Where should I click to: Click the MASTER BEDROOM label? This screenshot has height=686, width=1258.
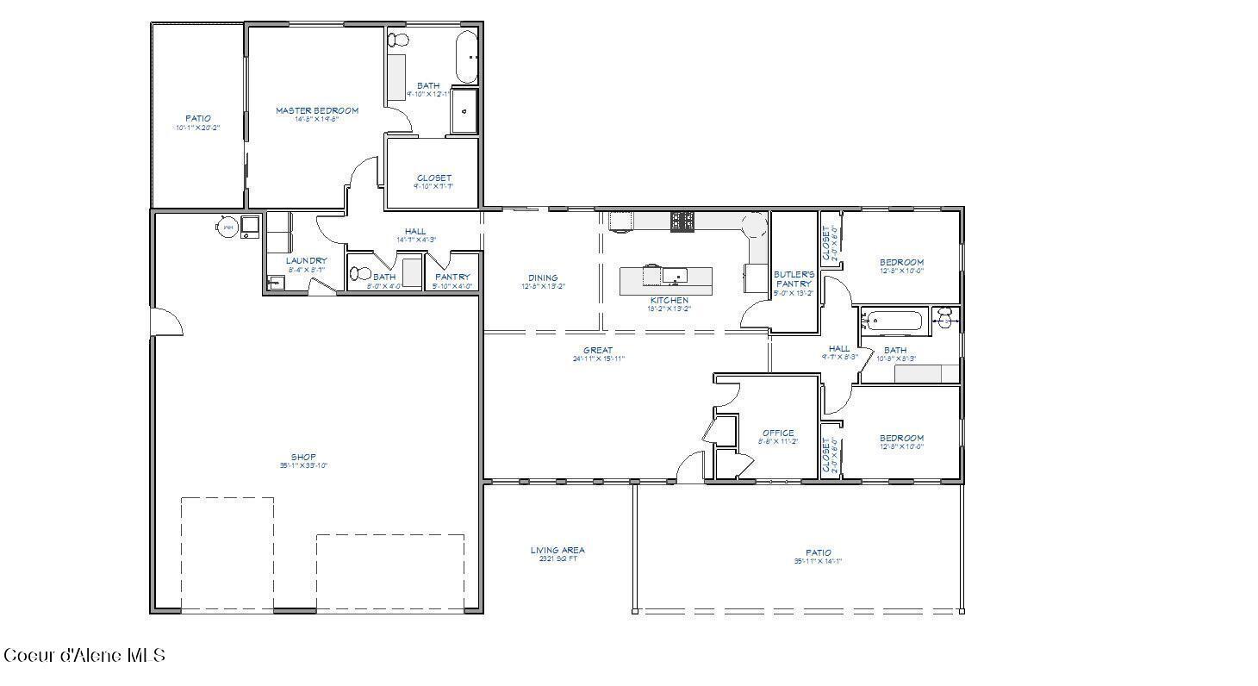tap(317, 111)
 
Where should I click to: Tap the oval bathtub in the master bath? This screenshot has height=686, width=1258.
tap(466, 56)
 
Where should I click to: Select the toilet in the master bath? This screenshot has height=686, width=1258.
tap(399, 41)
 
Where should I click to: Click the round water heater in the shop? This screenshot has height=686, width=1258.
tap(227, 228)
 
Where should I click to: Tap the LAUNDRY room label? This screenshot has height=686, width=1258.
tap(307, 261)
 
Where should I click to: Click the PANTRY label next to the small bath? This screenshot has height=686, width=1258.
tap(452, 278)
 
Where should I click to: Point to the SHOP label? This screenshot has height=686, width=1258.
tap(303, 458)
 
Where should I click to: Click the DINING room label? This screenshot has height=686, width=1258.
tap(543, 278)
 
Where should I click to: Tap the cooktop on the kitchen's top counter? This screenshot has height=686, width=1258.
tap(682, 221)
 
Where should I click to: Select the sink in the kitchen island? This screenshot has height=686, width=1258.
tap(675, 276)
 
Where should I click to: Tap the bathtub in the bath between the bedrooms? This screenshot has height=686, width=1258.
tap(894, 322)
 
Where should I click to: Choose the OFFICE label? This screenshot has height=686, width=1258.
tap(778, 433)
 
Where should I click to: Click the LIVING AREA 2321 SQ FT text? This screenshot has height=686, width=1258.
tap(557, 552)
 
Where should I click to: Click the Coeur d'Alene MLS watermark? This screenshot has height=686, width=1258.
tap(84, 656)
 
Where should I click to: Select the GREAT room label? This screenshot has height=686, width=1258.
tap(597, 351)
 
